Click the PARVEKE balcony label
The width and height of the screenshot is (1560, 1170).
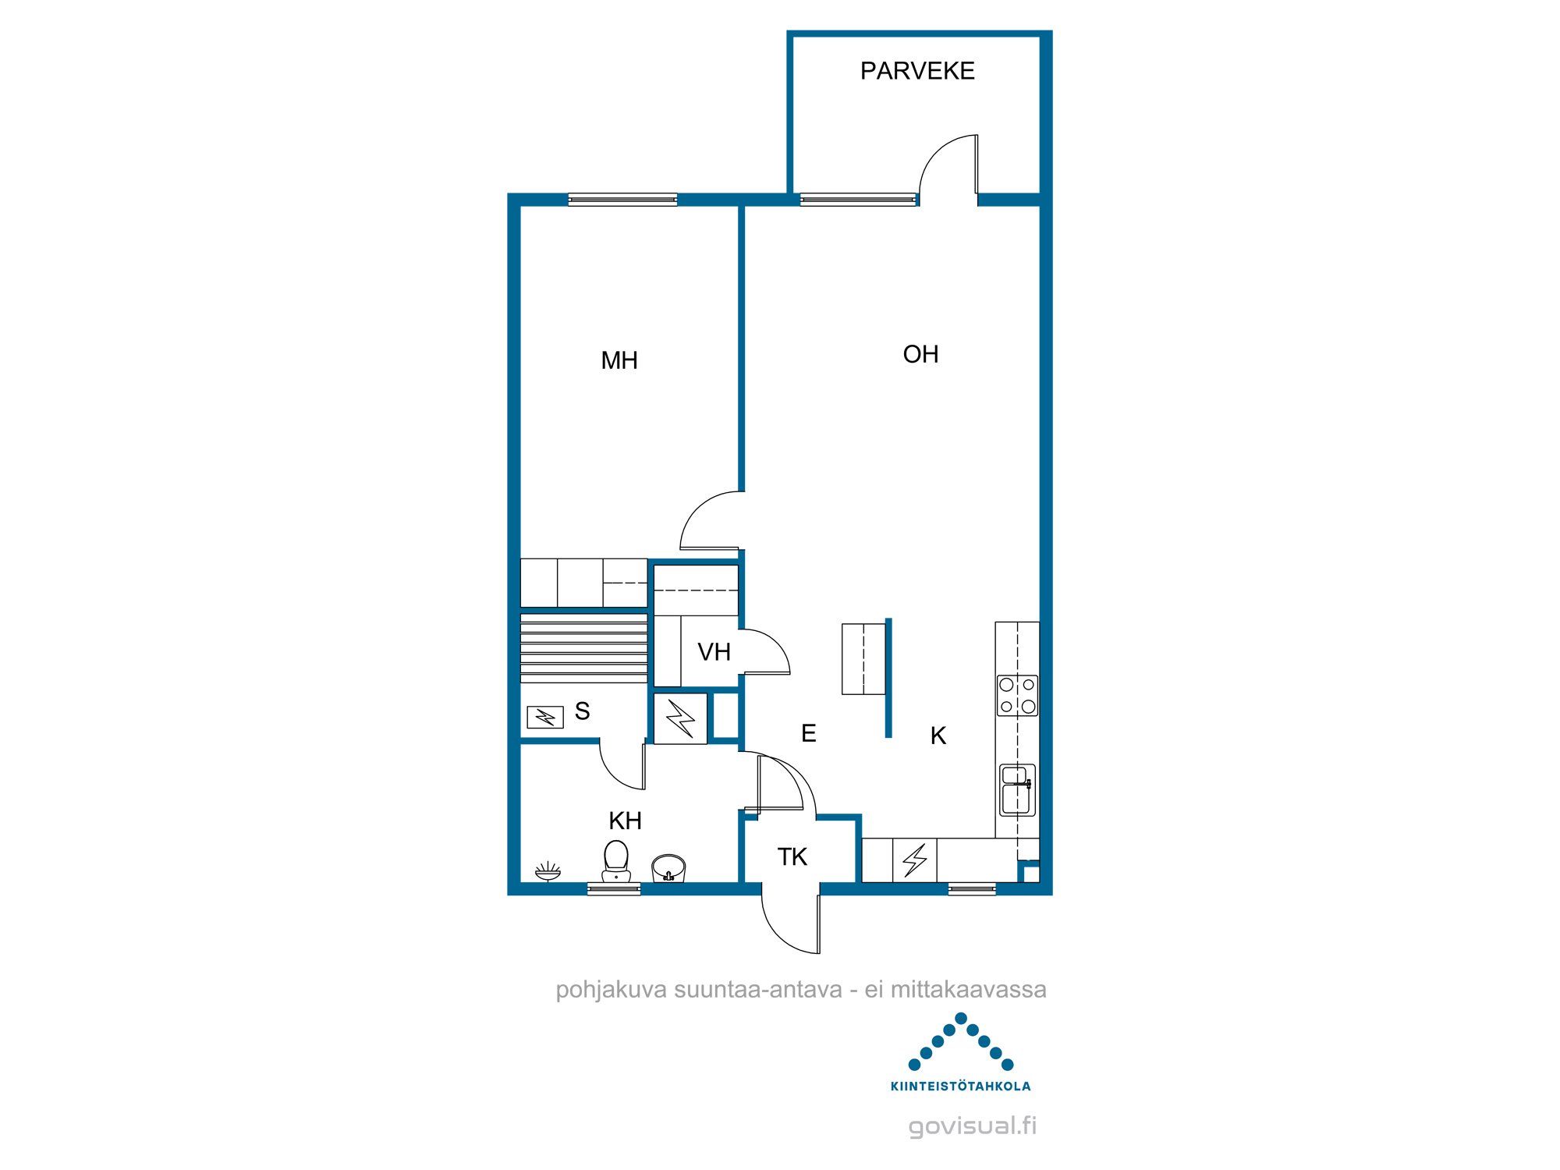tap(917, 71)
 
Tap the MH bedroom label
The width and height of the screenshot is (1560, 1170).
tap(619, 360)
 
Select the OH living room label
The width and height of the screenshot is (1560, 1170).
tap(920, 354)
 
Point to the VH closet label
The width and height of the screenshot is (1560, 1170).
tap(714, 652)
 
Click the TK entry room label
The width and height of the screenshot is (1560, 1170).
tap(792, 857)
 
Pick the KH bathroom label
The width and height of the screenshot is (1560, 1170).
tap(625, 821)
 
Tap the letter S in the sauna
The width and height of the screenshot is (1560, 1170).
tap(582, 711)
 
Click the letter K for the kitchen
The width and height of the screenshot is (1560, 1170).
tap(938, 736)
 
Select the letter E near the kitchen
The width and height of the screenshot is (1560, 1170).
tap(809, 733)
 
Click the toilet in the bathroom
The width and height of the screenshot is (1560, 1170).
tap(616, 861)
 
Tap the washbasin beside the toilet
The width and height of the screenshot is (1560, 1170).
tap(668, 868)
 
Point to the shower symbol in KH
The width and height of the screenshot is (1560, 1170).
tap(548, 871)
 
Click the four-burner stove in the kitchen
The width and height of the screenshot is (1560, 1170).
tap(1017, 696)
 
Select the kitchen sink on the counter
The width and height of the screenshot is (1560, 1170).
tap(1017, 790)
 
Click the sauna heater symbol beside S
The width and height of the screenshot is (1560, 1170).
tap(545, 717)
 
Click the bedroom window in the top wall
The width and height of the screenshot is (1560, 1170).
tap(622, 200)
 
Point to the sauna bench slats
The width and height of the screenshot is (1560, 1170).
tap(583, 648)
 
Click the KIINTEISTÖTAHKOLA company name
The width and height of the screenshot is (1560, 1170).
tap(960, 1087)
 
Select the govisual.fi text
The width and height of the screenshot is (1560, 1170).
tap(973, 1126)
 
